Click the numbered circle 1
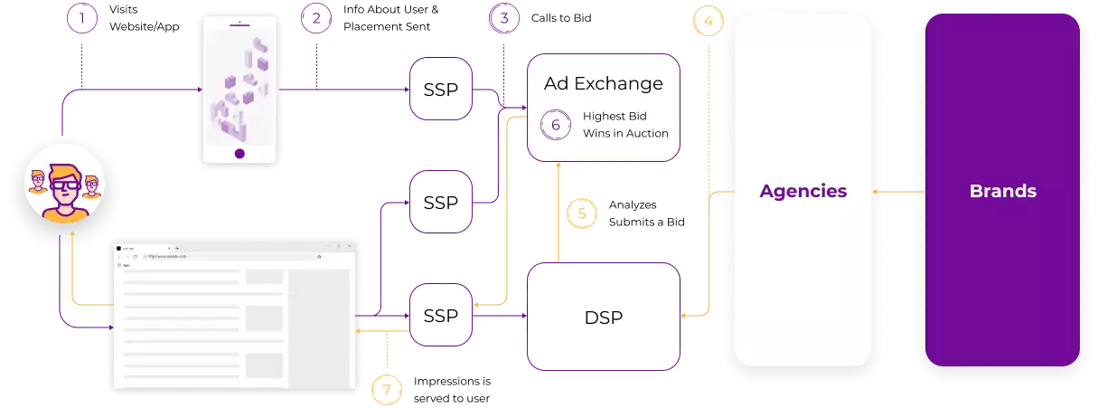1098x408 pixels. pyautogui.click(x=82, y=18)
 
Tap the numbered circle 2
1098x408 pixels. pyautogui.click(x=316, y=18)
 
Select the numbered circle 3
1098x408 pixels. pyautogui.click(x=504, y=18)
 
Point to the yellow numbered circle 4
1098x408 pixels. pyautogui.click(x=709, y=22)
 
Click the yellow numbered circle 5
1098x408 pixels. pyautogui.click(x=582, y=213)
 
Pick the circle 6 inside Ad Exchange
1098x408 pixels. pyautogui.click(x=556, y=125)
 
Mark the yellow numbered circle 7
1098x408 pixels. pyautogui.click(x=387, y=390)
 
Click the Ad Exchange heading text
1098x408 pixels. pyautogui.click(x=603, y=84)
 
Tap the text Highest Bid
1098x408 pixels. pyautogui.click(x=615, y=116)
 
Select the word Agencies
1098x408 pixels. pyautogui.click(x=802, y=191)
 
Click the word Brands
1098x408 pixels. pyautogui.click(x=1002, y=191)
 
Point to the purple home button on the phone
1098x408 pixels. pyautogui.click(x=239, y=153)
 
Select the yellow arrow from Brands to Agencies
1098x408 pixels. pyautogui.click(x=898, y=192)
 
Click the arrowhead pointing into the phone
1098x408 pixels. pyautogui.click(x=199, y=90)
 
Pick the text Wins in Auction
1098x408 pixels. pyautogui.click(x=625, y=134)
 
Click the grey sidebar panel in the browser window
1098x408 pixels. pyautogui.click(x=318, y=326)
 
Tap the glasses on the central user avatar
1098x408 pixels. pyautogui.click(x=64, y=185)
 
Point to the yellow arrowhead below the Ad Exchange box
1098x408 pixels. pyautogui.click(x=558, y=166)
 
